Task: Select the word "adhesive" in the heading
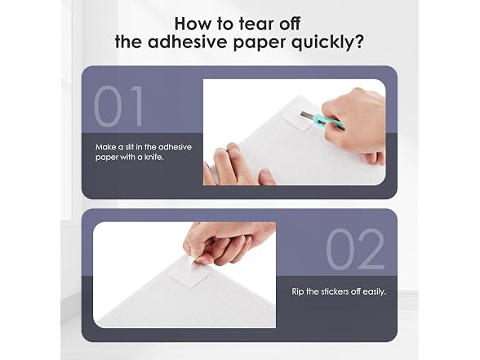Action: (x=189, y=42)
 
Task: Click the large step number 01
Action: (x=118, y=106)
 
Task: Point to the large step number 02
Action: (x=355, y=249)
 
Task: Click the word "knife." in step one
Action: (x=154, y=158)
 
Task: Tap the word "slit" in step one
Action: (x=130, y=147)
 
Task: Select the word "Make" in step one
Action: (x=105, y=147)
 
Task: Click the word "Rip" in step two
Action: (x=298, y=292)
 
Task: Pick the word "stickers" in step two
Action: (x=336, y=291)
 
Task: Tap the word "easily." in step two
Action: (x=374, y=292)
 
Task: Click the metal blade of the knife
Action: (x=307, y=116)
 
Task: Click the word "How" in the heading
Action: (x=193, y=24)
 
